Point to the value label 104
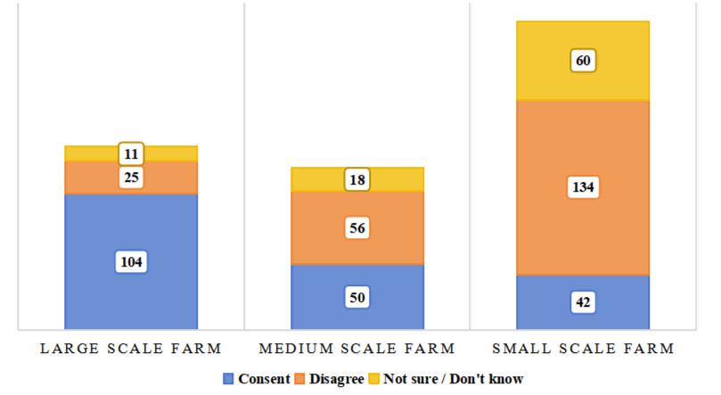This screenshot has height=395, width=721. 131,262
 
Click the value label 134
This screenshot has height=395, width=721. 584,187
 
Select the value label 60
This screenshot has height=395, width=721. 584,61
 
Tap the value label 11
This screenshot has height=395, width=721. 131,153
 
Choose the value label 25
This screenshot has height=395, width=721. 131,177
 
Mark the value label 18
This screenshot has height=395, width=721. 357,179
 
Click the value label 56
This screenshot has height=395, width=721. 357,228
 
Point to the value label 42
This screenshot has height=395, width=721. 584,302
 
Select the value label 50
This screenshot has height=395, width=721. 357,297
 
